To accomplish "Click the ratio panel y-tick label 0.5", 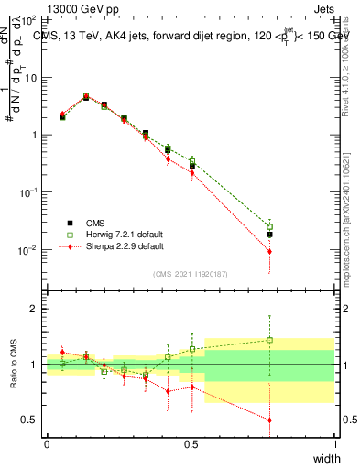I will (29, 420).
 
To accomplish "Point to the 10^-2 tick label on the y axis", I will (27, 250).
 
